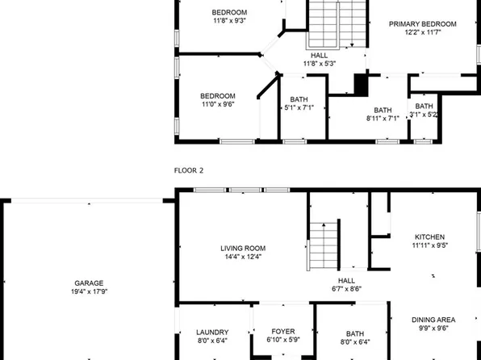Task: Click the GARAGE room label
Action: point(89,283)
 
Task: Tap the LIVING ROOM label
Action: point(243,248)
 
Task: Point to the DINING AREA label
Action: point(434,319)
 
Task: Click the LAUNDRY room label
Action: point(212,333)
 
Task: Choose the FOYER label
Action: point(282,333)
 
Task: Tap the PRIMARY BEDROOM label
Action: point(423,24)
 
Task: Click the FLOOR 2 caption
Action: point(189,170)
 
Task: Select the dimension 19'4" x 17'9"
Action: point(89,293)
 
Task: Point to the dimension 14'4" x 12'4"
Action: point(243,257)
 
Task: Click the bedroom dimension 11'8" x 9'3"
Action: point(229,22)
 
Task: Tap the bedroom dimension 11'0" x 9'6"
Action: point(218,104)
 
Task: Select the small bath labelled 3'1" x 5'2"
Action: point(424,115)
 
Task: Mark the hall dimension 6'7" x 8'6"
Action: point(346,289)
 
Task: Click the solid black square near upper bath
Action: point(361,83)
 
